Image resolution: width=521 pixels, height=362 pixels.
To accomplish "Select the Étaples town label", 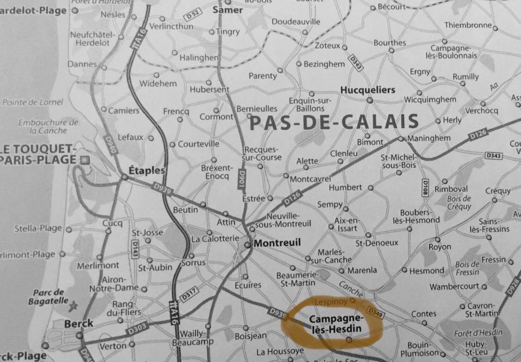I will click(x=147, y=170).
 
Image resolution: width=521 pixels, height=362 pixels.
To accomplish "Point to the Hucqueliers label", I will click(x=368, y=90).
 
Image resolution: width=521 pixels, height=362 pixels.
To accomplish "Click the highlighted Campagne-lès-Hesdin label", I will click(x=335, y=324).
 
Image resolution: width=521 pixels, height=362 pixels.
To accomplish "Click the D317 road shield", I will click(x=189, y=295).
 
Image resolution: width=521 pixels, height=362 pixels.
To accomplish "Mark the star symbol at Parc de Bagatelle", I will click(x=74, y=305).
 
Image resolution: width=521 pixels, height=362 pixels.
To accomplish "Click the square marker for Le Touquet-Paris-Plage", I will click(x=85, y=160).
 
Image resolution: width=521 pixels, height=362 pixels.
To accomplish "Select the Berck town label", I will click(x=78, y=324).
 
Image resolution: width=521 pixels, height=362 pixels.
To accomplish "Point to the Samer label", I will click(x=228, y=10).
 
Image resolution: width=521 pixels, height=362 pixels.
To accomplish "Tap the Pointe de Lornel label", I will click(x=33, y=102).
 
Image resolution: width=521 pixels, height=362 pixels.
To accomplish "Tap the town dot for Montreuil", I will click(x=248, y=245).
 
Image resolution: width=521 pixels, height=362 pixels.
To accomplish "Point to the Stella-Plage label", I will click(x=38, y=229).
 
